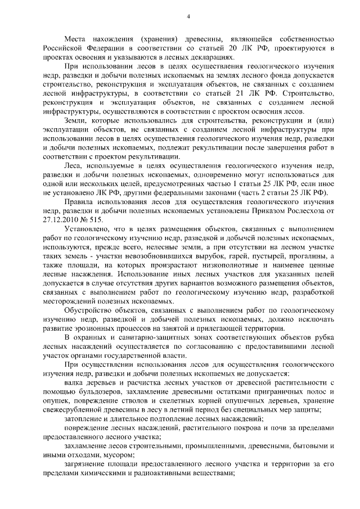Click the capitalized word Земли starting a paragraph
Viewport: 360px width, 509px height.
76,121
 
